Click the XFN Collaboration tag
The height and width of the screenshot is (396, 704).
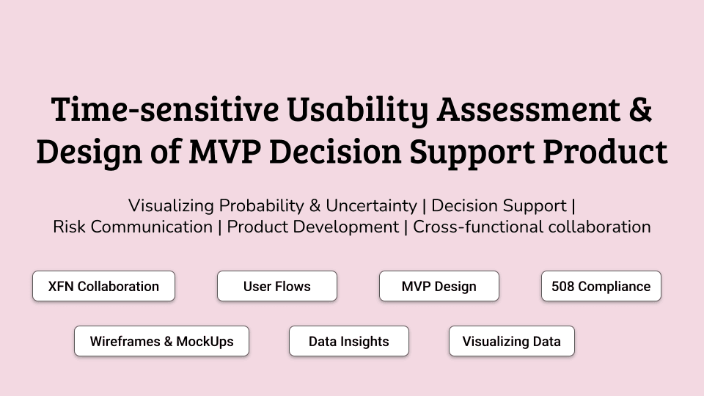pos(103,286)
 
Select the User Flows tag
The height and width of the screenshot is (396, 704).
pos(277,286)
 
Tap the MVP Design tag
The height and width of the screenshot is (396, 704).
pos(439,286)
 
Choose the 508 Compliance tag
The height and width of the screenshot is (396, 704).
pos(601,286)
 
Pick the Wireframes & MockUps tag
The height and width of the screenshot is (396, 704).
pos(161,341)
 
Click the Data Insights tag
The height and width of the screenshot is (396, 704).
pos(349,341)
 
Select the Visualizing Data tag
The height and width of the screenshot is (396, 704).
pos(512,341)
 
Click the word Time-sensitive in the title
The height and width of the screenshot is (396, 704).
pos(165,109)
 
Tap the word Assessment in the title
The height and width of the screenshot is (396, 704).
pos(529,109)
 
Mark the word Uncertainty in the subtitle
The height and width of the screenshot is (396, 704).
pos(371,206)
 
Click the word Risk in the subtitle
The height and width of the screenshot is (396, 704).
pos(69,227)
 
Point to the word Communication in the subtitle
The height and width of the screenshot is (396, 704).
pos(151,227)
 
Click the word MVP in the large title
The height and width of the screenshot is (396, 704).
pos(225,151)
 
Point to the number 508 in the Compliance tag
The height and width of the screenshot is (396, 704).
pos(562,287)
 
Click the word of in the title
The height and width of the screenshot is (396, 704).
pos(166,151)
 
